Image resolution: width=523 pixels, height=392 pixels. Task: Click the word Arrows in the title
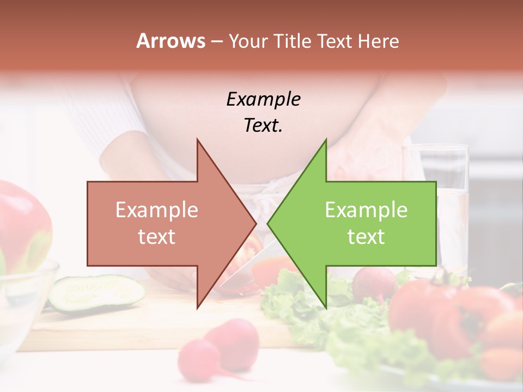[x=171, y=41]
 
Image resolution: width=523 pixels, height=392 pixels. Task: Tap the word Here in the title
[x=379, y=41]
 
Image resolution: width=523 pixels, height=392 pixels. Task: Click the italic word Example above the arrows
[x=263, y=100]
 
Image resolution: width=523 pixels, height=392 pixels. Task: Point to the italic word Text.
[x=263, y=126]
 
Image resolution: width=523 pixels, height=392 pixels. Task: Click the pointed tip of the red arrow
[x=255, y=223]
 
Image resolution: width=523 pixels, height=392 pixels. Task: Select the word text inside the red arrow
[x=156, y=237]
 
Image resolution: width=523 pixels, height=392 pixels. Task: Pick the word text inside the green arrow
[x=366, y=237]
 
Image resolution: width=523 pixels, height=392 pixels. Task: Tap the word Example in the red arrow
[x=156, y=210]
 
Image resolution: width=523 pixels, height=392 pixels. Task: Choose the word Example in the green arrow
[x=366, y=210]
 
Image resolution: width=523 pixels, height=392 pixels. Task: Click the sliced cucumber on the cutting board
[x=95, y=292]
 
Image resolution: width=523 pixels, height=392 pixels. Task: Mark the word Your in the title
[x=246, y=41]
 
